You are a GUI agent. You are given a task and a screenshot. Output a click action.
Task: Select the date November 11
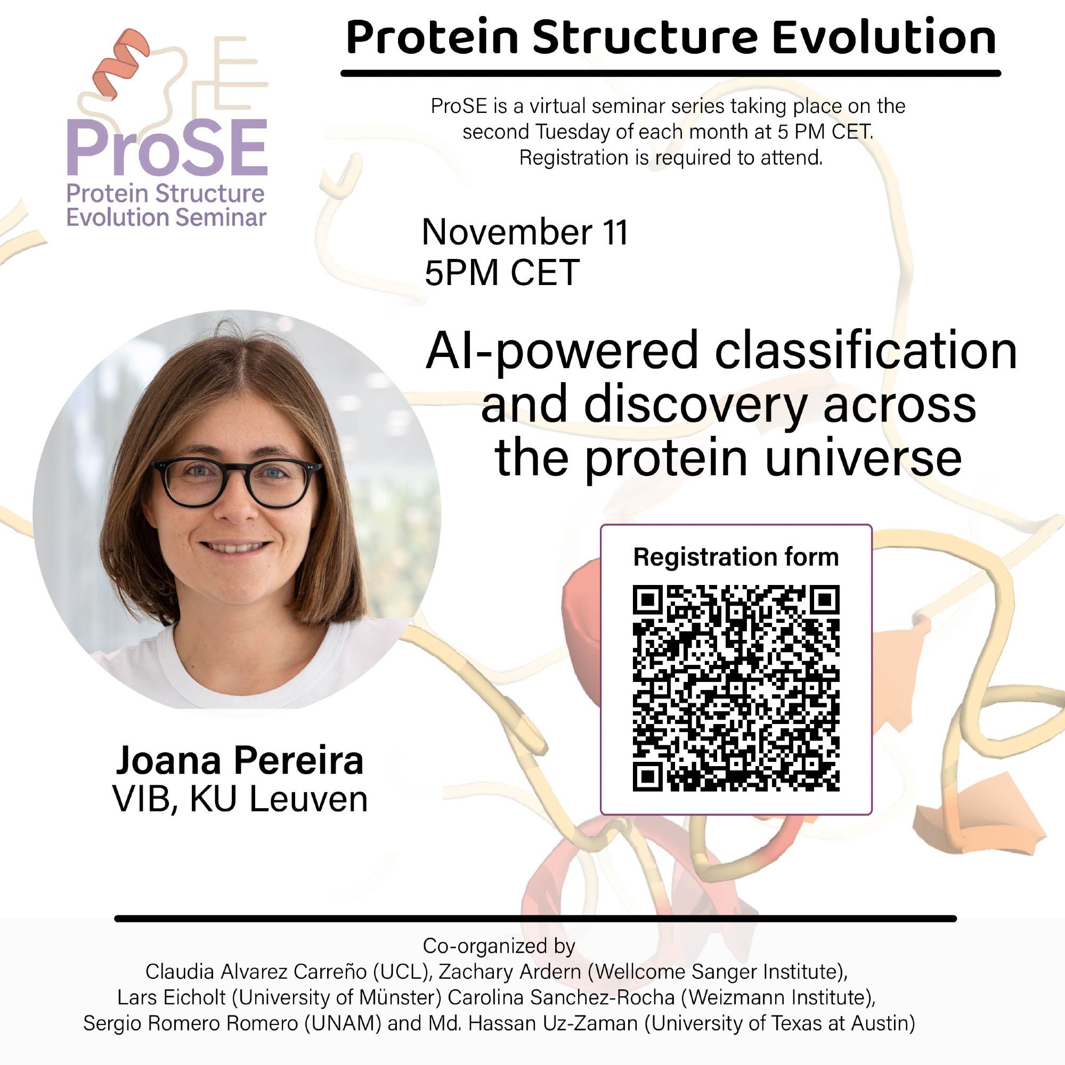[525, 232]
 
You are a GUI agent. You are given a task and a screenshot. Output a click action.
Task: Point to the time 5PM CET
[502, 272]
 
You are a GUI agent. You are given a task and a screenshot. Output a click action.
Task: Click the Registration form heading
[736, 557]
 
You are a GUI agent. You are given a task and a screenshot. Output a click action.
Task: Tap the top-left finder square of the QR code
[648, 600]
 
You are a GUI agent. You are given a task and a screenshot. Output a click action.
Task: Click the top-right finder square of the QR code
[825, 600]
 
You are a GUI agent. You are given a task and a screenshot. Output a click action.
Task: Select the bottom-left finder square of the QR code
[648, 777]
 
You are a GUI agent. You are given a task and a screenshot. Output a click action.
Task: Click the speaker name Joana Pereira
[240, 761]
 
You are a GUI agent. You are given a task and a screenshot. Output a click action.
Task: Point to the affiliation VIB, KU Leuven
[240, 799]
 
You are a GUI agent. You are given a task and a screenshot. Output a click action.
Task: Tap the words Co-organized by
[499, 946]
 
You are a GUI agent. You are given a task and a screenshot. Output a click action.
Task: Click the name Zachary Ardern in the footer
[510, 972]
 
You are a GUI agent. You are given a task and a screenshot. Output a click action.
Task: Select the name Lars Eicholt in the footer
[172, 998]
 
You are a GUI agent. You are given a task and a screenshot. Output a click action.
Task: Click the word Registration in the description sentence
[574, 159]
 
